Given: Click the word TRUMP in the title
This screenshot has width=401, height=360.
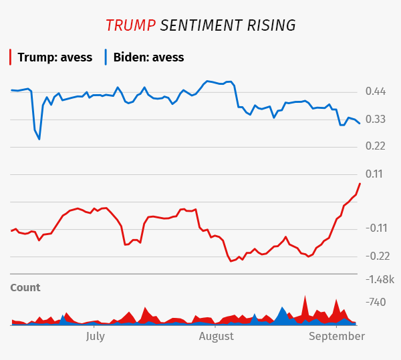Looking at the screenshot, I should (130, 25).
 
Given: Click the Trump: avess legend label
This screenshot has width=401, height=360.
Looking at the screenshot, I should (55, 57).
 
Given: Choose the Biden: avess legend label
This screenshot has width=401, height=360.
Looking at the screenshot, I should (148, 57).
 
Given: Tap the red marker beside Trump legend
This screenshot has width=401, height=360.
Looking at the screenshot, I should (11, 57).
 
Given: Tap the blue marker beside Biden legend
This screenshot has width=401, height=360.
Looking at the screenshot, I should (106, 57).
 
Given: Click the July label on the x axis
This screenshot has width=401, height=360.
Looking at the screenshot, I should (96, 336).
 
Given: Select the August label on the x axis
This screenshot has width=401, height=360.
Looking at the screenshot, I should (217, 336).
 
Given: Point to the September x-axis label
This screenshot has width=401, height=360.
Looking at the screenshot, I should (336, 336).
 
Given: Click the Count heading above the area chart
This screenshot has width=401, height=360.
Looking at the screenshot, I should (25, 288).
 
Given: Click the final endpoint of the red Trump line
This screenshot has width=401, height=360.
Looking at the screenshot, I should (360, 184).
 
